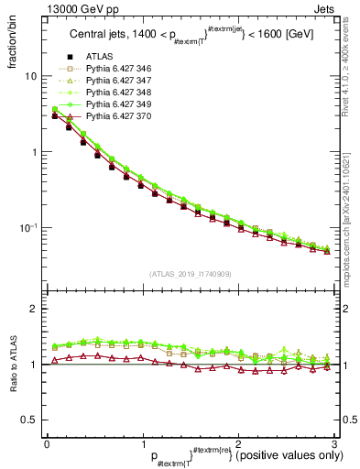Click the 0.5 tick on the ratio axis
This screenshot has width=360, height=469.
tap(27, 420)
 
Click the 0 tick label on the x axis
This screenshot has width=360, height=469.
tap(46, 443)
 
